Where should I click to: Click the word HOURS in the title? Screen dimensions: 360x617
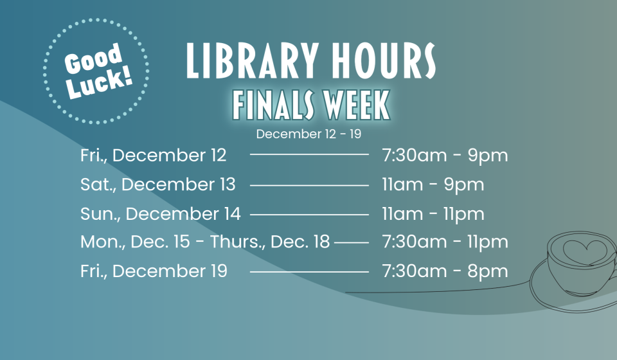[x=379, y=62]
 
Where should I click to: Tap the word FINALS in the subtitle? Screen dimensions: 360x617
[x=273, y=105]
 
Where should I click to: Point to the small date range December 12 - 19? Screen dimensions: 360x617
[x=308, y=134]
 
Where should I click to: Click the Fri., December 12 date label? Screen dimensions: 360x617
[x=154, y=156]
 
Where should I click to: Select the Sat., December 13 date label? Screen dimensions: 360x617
[x=158, y=184]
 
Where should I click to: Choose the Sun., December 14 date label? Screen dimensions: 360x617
[x=161, y=213]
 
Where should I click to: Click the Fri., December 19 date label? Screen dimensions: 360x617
[x=154, y=271]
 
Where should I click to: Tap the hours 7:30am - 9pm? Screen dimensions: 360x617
[x=445, y=156]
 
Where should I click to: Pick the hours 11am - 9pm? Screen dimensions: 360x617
[x=433, y=184]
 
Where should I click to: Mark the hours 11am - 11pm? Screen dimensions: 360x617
[x=433, y=213]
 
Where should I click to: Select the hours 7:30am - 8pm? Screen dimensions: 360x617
[x=445, y=271]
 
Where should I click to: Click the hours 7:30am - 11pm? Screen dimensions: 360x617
[x=445, y=242]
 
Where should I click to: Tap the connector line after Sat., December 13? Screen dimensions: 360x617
[x=309, y=185]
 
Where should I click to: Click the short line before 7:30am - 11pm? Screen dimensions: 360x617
[x=352, y=243]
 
